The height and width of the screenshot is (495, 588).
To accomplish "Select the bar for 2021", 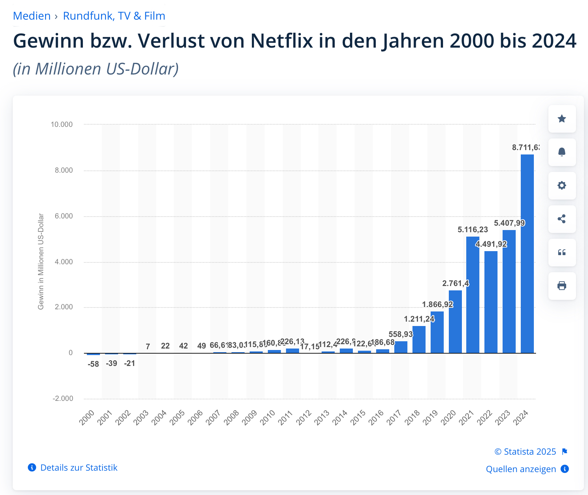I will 473,295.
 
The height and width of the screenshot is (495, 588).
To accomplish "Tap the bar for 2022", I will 491,302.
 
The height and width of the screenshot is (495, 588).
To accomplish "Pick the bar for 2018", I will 419,339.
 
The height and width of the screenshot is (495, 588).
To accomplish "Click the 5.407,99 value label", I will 509,223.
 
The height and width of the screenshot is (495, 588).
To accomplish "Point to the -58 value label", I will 93,364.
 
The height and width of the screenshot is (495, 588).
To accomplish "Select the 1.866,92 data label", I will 438,304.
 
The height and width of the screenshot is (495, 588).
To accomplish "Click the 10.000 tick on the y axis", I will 62,124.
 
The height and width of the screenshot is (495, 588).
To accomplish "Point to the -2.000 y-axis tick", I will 63,398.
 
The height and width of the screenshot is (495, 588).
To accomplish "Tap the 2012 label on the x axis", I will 304,418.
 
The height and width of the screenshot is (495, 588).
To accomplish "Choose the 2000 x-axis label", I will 87,418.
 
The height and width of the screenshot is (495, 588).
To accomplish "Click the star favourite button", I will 562,119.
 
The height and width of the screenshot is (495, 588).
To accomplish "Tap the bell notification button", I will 562,152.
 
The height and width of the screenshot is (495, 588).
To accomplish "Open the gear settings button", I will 562,186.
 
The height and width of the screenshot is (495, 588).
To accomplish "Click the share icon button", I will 562,219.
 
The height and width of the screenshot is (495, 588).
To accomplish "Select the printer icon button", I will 562,286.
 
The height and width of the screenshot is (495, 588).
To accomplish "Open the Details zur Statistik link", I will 79,468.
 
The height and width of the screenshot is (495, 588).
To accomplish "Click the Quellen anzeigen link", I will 521,469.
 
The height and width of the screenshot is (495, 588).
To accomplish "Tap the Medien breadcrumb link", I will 32,16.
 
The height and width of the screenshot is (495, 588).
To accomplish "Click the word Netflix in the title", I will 282,41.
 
